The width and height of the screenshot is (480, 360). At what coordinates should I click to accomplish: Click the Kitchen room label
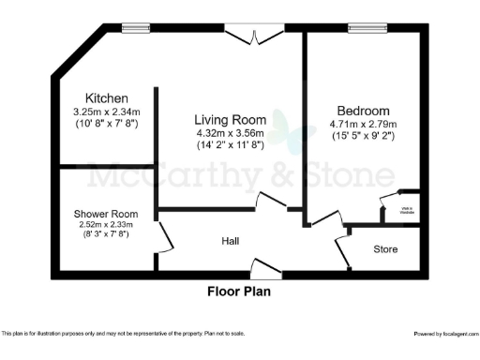[106, 98]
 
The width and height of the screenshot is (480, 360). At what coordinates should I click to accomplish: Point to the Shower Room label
[106, 213]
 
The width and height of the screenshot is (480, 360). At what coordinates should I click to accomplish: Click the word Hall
[231, 241]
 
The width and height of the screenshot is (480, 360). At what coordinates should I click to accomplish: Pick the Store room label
[385, 249]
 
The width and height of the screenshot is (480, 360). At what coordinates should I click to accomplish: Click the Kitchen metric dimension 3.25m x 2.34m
[106, 112]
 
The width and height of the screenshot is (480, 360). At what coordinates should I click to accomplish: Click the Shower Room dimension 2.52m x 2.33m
[106, 224]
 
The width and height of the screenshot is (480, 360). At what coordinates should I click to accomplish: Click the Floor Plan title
[239, 291]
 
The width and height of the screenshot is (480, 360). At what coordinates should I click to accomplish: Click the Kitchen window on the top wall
[134, 27]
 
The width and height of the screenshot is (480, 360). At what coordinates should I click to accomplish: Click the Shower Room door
[166, 238]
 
